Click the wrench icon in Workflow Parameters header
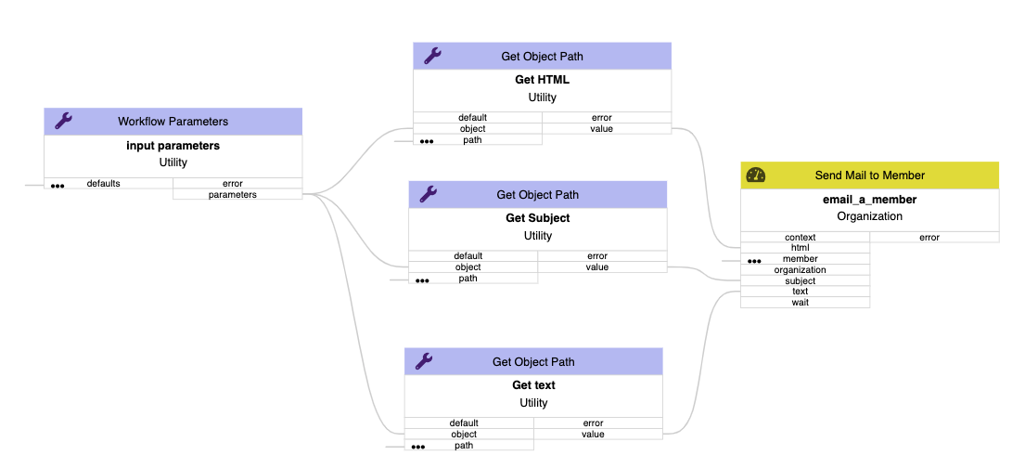click(63, 121)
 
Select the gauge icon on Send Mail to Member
click(756, 175)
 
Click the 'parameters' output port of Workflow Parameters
click(237, 194)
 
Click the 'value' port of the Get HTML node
click(606, 128)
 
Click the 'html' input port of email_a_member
click(804, 247)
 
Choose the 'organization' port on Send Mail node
click(804, 269)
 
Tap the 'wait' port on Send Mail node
click(804, 302)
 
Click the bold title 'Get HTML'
click(542, 80)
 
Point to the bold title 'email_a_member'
click(869, 199)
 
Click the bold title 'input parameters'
click(173, 146)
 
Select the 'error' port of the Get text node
click(597, 422)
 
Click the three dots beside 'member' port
click(754, 261)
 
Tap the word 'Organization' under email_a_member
click(869, 216)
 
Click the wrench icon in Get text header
click(424, 361)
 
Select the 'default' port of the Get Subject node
click(472, 255)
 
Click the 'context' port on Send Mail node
click(804, 237)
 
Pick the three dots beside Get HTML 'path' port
click(427, 142)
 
